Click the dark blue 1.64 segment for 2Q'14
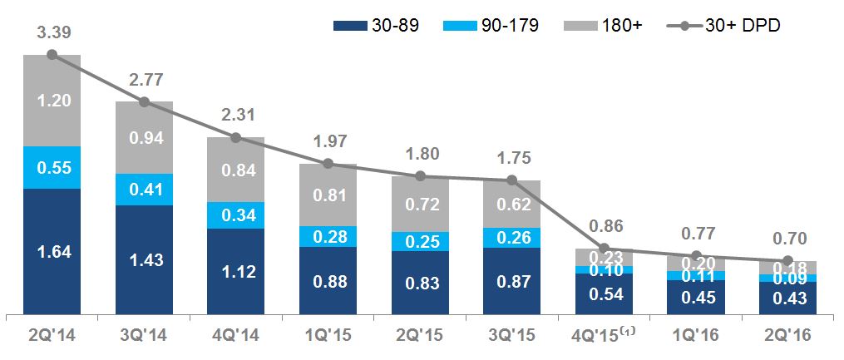tap(52, 252)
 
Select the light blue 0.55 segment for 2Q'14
tap(52, 167)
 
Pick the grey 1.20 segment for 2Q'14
tap(52, 101)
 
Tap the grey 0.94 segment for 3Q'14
tap(144, 138)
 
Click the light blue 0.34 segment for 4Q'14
tap(236, 215)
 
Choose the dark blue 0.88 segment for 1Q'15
tap(328, 281)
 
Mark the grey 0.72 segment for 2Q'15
tap(420, 204)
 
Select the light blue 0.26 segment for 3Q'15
tap(512, 236)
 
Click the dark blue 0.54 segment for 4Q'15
tap(605, 294)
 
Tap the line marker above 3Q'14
tap(144, 101)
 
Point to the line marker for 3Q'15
tap(512, 180)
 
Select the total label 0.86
tap(605, 224)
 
